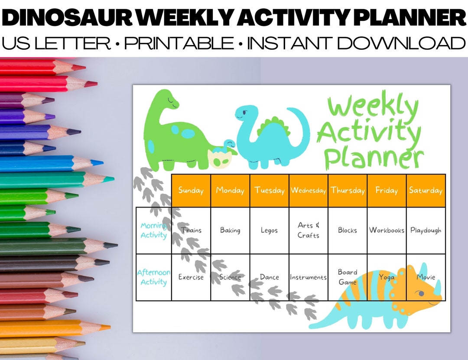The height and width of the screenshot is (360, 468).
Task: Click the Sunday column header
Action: [191, 191]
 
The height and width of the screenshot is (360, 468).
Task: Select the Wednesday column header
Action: [308, 191]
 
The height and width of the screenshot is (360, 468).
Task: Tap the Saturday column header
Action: [426, 191]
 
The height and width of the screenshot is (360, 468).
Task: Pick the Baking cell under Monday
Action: [230, 230]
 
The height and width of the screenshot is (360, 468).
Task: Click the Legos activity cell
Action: [269, 230]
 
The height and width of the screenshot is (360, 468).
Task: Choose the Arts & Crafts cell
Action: [308, 230]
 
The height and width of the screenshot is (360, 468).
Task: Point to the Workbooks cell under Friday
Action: [387, 230]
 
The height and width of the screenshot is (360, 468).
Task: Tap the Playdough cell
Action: [426, 230]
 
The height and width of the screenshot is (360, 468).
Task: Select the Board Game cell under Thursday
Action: [348, 277]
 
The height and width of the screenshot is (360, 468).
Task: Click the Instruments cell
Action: [308, 277]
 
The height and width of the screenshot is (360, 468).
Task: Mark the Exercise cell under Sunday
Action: [191, 277]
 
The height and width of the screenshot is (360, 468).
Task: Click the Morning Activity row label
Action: [153, 230]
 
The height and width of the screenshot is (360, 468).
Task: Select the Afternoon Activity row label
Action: [153, 277]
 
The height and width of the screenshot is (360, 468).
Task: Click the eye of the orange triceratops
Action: [421, 293]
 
